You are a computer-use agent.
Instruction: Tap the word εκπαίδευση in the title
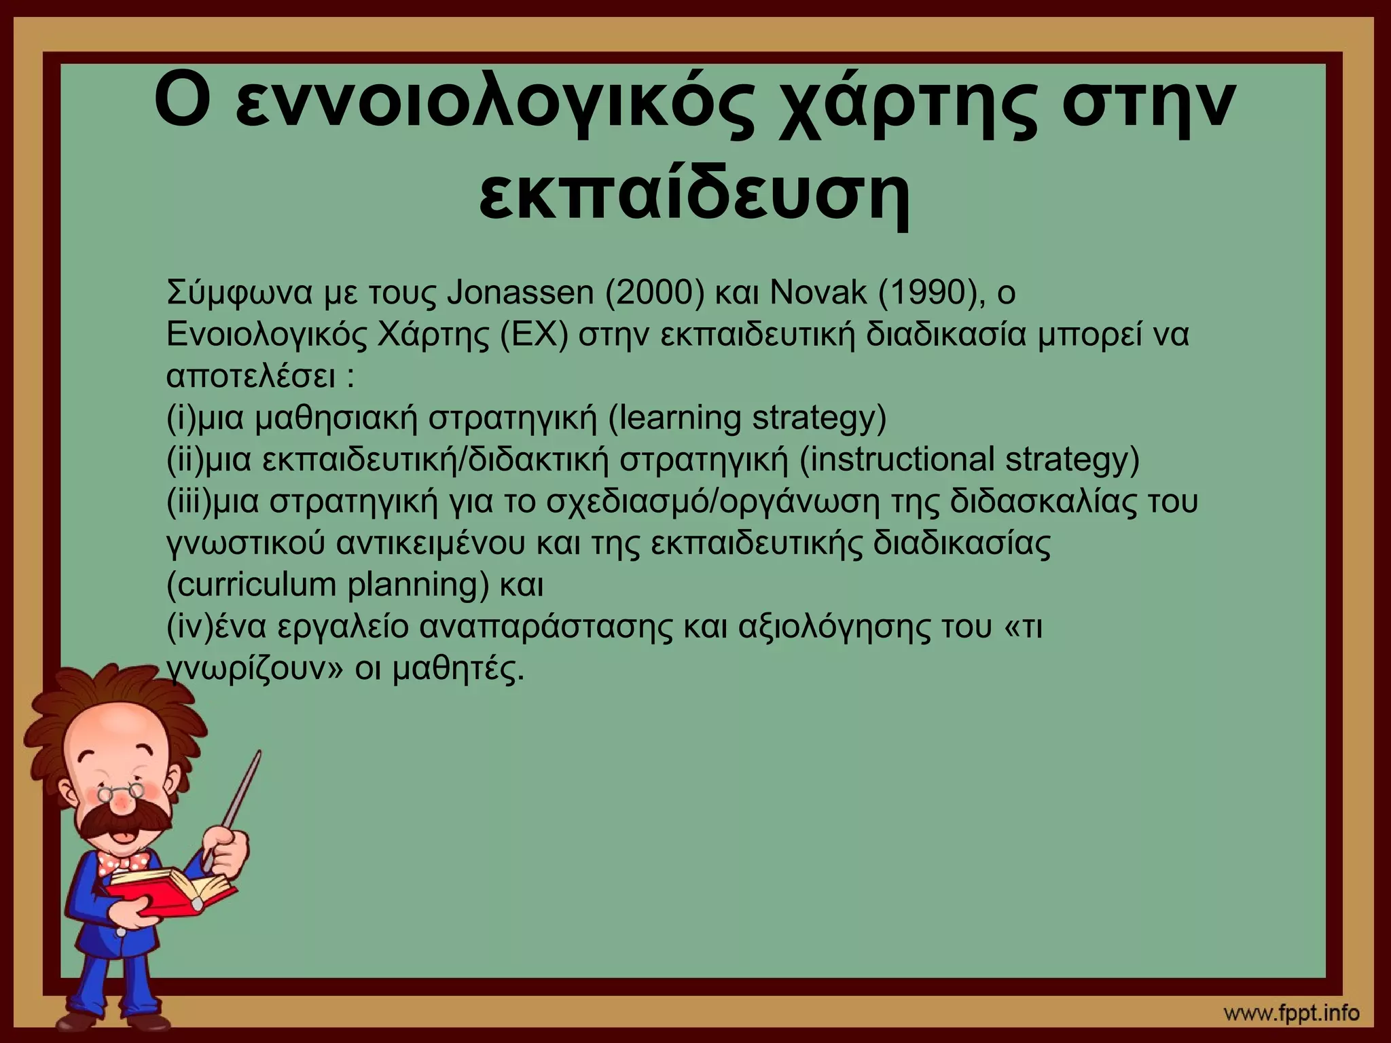pyautogui.click(x=694, y=191)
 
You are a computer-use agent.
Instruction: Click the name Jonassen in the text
pyautogui.click(x=521, y=293)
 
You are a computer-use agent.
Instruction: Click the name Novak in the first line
pyautogui.click(x=818, y=293)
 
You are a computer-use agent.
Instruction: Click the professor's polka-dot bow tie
pyautogui.click(x=123, y=862)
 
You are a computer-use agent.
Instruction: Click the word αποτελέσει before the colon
pyautogui.click(x=251, y=377)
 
